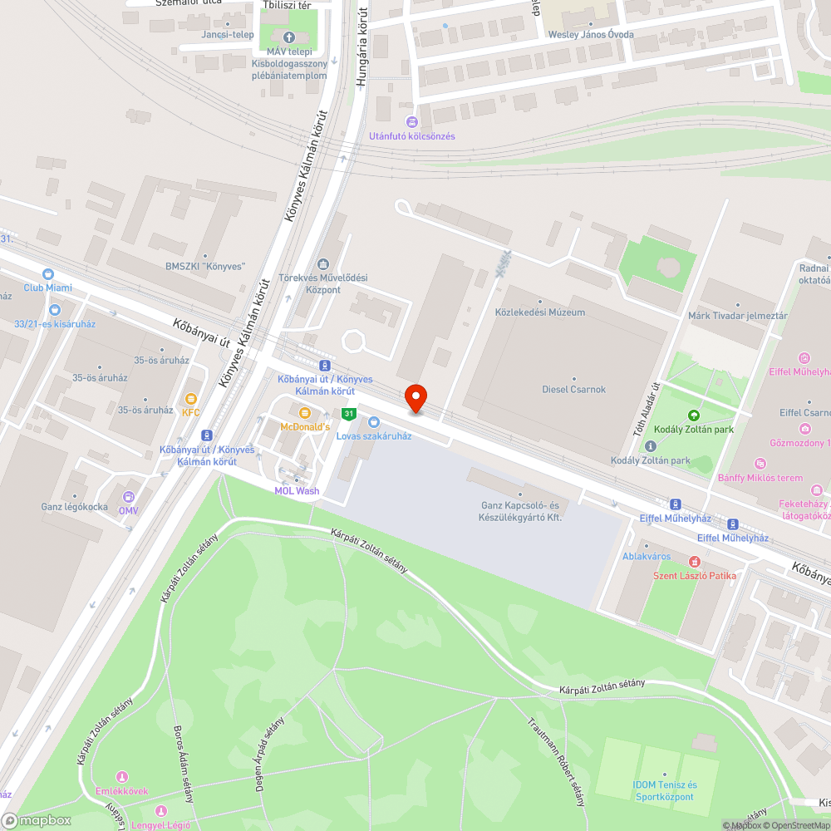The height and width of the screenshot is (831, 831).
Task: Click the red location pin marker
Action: click(x=415, y=398)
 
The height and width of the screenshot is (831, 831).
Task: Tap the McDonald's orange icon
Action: click(x=304, y=413)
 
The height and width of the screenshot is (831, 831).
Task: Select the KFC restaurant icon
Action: click(x=191, y=399)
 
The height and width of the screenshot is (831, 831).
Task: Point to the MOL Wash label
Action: click(x=297, y=490)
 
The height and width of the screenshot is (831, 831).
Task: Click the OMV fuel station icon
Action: click(x=129, y=497)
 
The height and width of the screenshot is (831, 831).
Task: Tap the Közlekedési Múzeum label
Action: click(x=539, y=312)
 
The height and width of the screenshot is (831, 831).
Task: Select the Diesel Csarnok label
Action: click(x=573, y=389)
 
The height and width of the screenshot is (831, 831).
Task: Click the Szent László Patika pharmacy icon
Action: click(x=695, y=563)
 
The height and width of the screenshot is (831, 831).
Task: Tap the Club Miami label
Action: click(x=47, y=288)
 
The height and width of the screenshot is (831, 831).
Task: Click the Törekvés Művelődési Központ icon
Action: click(x=322, y=264)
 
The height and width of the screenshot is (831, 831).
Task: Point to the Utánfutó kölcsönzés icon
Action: click(x=412, y=122)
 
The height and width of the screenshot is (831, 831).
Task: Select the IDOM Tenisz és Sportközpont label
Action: click(x=664, y=791)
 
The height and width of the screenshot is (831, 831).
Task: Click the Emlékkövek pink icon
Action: click(x=122, y=777)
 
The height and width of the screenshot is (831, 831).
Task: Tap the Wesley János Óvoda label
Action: click(x=591, y=35)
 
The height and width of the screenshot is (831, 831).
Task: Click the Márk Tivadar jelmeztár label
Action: click(x=737, y=317)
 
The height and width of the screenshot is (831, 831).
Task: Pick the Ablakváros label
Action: click(x=647, y=556)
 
